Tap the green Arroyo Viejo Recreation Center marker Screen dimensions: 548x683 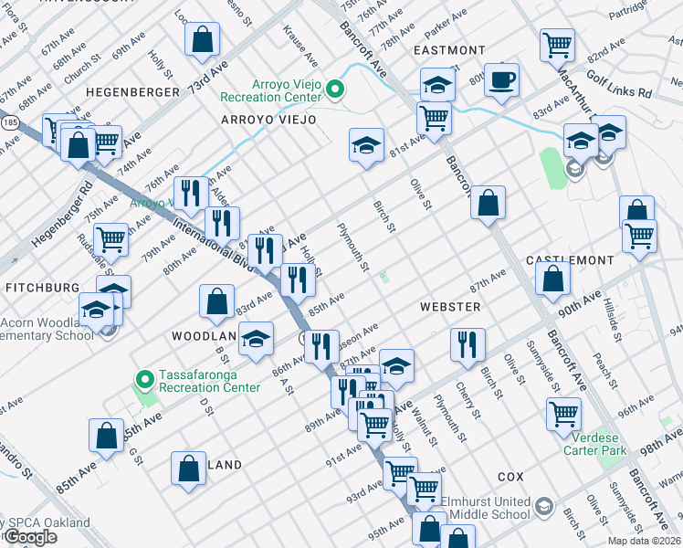pyautogui.click(x=335, y=90)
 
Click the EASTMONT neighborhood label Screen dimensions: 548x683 pyautogui.click(x=449, y=50)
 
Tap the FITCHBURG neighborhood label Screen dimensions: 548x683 pyautogui.click(x=42, y=287)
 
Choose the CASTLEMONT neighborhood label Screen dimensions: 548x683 pyautogui.click(x=571, y=260)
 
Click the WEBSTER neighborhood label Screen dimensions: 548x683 pyautogui.click(x=450, y=307)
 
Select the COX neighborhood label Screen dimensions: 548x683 pyautogui.click(x=510, y=478)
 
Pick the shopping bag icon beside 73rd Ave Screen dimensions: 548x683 pyautogui.click(x=202, y=40)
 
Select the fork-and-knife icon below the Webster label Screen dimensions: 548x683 pyautogui.click(x=467, y=345)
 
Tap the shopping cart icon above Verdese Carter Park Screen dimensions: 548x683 pyautogui.click(x=563, y=414)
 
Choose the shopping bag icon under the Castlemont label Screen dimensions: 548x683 pyautogui.click(x=553, y=279)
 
